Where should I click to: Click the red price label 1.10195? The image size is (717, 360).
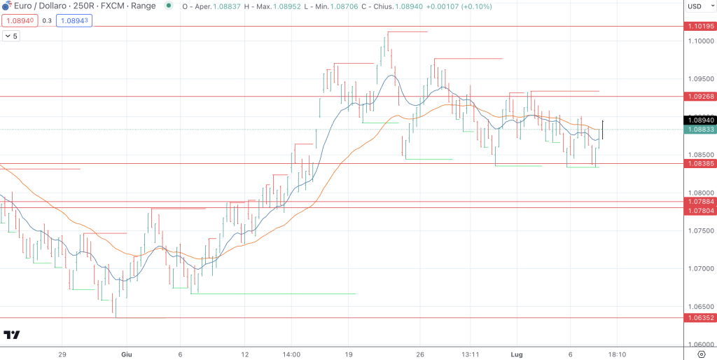pos(699,27)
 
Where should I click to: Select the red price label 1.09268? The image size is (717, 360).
pos(699,96)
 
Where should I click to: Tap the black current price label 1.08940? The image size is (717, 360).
pos(699,120)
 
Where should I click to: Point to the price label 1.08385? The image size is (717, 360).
pos(699,163)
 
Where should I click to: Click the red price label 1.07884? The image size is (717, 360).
pos(699,202)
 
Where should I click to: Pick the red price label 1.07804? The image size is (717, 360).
pos(699,210)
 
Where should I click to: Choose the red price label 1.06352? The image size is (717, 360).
pos(699,318)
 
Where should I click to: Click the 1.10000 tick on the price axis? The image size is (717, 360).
pos(699,41)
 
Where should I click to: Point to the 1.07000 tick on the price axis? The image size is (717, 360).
pos(699,269)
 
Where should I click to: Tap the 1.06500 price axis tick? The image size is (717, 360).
pos(699,307)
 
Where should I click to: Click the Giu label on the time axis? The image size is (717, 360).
pos(126,354)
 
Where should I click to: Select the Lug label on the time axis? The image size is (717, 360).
pos(517,354)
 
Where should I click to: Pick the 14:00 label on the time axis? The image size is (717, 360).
pos(291,354)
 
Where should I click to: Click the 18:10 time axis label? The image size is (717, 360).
pos(616,354)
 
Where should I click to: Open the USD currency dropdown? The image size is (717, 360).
pos(698,6)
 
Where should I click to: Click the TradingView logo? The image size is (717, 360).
pos(11,335)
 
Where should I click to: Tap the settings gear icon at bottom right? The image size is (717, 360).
pos(701,354)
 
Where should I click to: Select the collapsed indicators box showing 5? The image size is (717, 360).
pos(11,36)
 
